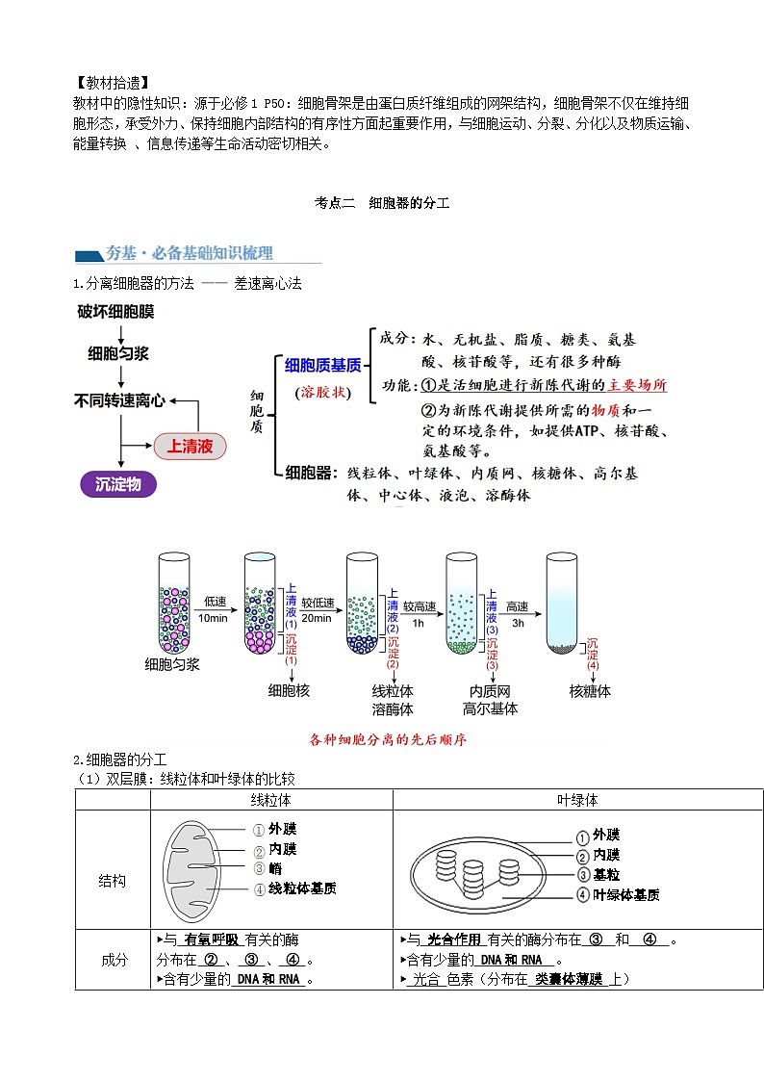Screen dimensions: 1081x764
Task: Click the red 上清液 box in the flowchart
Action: (190, 447)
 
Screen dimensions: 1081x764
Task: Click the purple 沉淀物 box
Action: (118, 484)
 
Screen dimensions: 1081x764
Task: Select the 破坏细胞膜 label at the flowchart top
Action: (115, 312)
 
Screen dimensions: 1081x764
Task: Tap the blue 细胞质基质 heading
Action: (323, 365)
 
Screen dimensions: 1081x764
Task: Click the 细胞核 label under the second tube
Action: (289, 690)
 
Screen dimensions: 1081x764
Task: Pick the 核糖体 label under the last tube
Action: (590, 690)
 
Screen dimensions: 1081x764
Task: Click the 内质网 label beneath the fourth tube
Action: (490, 690)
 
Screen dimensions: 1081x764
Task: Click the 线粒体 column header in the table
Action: (271, 800)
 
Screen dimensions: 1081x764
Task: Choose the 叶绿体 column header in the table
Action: (577, 800)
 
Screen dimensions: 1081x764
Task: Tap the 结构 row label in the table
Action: (113, 881)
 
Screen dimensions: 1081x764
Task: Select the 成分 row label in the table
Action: (113, 960)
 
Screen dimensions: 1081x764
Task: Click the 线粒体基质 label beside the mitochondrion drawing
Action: (302, 888)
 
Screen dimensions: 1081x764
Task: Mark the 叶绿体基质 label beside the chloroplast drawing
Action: (625, 895)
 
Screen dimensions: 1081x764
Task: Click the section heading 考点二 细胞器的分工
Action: (382, 203)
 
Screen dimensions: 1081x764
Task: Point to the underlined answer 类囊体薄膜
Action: (569, 979)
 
